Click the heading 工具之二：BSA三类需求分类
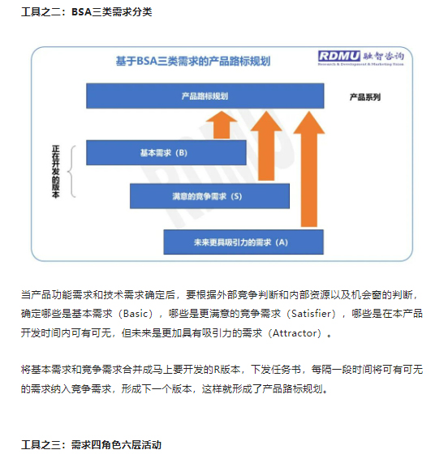click(87, 12)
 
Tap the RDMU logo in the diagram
click(339, 56)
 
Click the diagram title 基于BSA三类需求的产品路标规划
click(193, 61)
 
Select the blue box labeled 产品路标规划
click(205, 96)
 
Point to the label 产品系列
click(365, 97)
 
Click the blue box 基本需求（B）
click(166, 152)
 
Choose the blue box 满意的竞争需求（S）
click(209, 196)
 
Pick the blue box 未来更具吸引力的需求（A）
click(243, 242)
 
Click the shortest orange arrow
click(222, 125)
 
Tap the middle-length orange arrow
click(266, 146)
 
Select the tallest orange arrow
click(309, 169)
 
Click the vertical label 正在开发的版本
click(56, 172)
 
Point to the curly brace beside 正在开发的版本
click(71, 172)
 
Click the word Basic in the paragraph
click(136, 314)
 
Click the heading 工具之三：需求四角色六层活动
click(91, 445)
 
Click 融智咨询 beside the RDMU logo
click(383, 56)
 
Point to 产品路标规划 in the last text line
click(292, 389)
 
